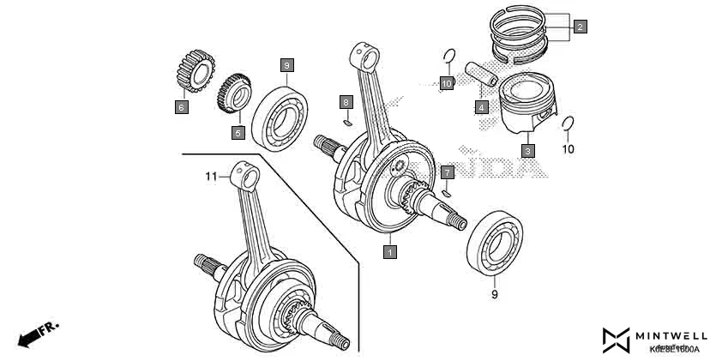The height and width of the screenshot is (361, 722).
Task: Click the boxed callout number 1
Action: pyautogui.click(x=389, y=252)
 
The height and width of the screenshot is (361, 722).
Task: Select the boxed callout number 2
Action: pyautogui.click(x=581, y=27)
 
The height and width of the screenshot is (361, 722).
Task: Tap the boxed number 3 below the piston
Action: pyautogui.click(x=528, y=151)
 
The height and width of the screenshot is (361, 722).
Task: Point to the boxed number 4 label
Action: pyautogui.click(x=483, y=108)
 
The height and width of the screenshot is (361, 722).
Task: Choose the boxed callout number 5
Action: pyautogui.click(x=238, y=133)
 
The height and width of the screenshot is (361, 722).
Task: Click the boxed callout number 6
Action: pyautogui.click(x=181, y=107)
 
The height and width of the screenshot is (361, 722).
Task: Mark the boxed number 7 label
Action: pyautogui.click(x=447, y=172)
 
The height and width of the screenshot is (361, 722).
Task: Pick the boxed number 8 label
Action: pyautogui.click(x=346, y=102)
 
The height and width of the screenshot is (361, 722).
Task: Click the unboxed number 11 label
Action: pyautogui.click(x=211, y=177)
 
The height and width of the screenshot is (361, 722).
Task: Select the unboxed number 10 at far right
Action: pyautogui.click(x=568, y=149)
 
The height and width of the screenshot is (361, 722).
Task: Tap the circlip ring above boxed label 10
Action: pyautogui.click(x=447, y=57)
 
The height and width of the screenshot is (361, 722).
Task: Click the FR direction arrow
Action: pyautogui.click(x=37, y=334)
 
